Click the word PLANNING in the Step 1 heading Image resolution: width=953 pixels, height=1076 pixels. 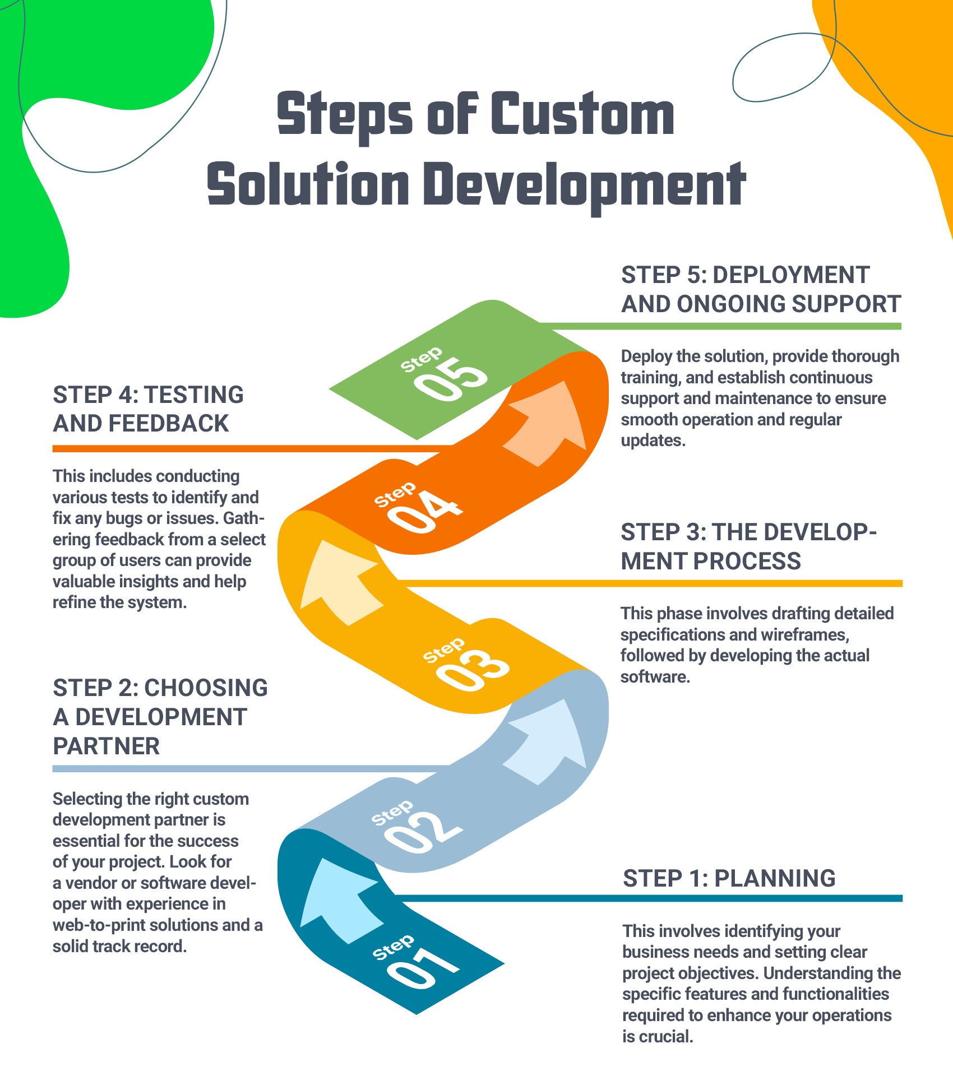[x=775, y=878]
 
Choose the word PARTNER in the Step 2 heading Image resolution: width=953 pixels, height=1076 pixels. [x=107, y=746]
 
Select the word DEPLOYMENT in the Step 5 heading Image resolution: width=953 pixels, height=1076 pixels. [x=791, y=275]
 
